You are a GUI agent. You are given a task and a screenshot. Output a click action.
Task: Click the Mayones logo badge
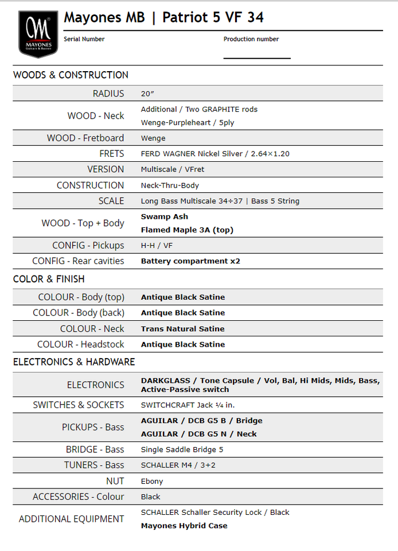click(38, 34)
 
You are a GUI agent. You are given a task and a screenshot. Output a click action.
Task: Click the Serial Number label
click(84, 39)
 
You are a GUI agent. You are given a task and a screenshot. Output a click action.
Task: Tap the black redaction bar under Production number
click(260, 52)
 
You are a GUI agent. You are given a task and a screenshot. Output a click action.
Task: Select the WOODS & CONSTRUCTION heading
click(71, 75)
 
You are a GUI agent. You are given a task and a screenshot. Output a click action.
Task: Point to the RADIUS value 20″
click(148, 94)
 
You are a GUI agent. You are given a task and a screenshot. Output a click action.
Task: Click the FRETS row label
click(111, 153)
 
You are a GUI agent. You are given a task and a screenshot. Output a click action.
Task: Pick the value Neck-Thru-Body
click(170, 185)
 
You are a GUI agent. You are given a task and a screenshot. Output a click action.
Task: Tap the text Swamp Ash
click(165, 216)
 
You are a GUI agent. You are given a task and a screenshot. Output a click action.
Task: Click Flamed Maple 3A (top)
click(187, 230)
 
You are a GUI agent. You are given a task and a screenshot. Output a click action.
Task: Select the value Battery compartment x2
click(190, 261)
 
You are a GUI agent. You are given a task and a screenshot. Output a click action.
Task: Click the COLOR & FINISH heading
click(49, 279)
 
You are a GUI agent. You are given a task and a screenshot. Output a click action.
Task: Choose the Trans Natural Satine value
click(182, 329)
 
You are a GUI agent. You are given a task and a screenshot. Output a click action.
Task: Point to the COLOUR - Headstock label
click(80, 344)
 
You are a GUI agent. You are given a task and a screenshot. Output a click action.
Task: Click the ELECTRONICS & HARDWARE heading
click(74, 362)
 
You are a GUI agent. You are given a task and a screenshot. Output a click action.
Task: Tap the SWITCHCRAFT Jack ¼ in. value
click(188, 405)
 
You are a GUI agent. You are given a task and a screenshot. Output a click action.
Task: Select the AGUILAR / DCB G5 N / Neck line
click(198, 434)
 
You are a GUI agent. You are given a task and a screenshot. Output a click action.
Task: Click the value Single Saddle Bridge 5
click(182, 449)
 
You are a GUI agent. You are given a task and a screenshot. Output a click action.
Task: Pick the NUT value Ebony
click(152, 481)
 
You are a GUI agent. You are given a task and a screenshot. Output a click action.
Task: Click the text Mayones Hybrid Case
click(184, 526)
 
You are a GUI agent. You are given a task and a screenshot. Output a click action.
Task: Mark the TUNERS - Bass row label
click(94, 465)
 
